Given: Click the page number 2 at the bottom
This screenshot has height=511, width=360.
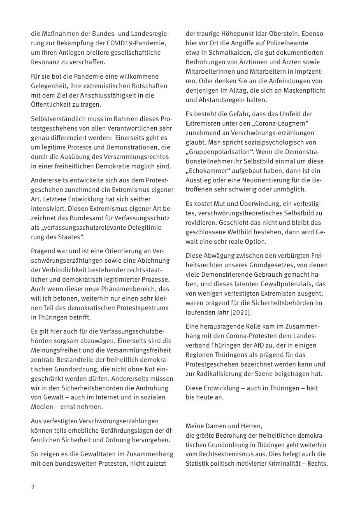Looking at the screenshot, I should tap(33, 487).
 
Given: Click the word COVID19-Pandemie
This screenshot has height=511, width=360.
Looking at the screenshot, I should tap(139, 43).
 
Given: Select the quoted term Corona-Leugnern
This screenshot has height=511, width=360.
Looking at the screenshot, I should tap(285, 123).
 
